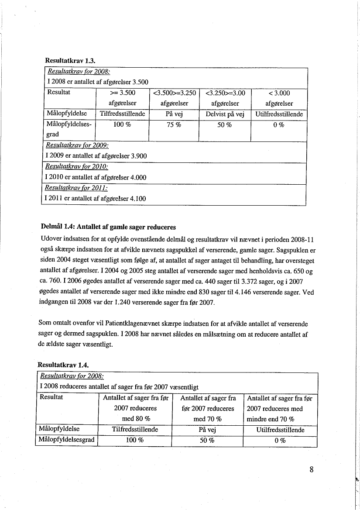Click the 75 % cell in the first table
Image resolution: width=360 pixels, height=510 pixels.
click(x=174, y=124)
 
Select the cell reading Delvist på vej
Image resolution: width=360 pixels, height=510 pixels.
click(x=225, y=114)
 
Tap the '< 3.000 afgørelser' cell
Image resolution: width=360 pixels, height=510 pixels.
click(x=279, y=98)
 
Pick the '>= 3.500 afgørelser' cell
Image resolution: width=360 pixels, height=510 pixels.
click(x=123, y=98)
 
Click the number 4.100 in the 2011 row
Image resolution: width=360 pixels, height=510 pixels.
click(x=137, y=199)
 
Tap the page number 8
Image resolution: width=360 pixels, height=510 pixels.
click(x=312, y=470)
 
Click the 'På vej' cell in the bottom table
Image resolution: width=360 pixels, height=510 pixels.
click(x=207, y=430)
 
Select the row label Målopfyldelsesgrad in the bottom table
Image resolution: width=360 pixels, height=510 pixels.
click(x=67, y=440)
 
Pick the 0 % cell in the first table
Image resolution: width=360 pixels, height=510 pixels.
click(x=279, y=124)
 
